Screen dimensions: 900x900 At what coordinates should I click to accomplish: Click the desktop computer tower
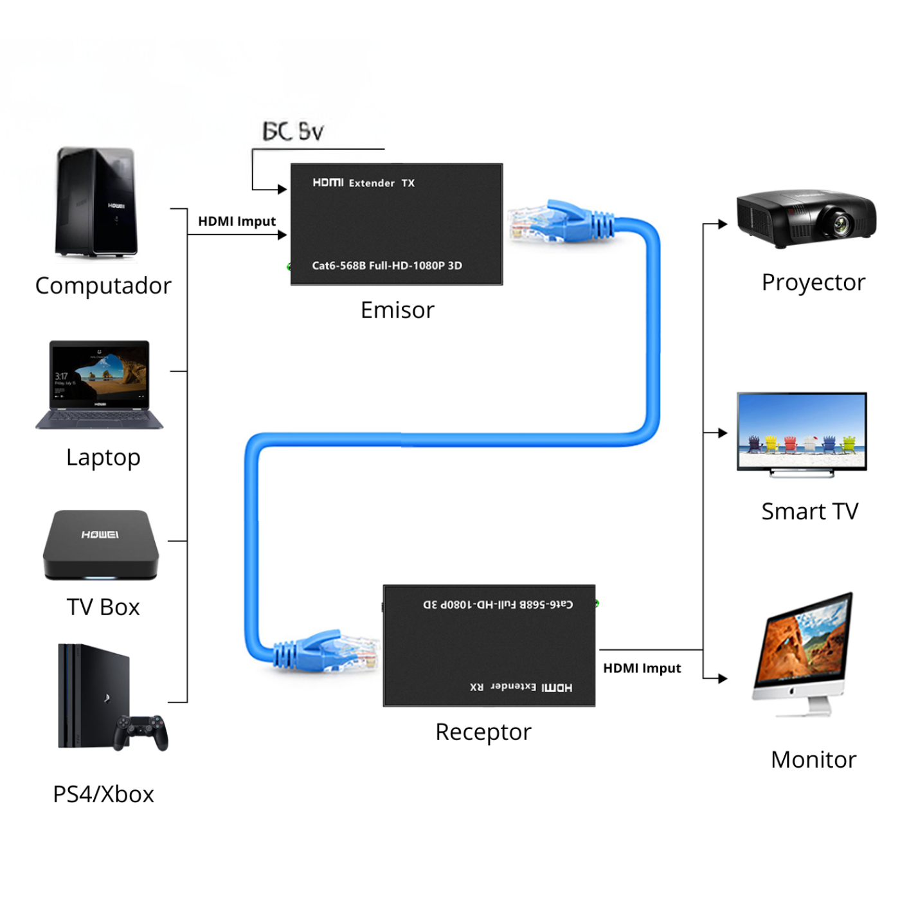click(96, 203)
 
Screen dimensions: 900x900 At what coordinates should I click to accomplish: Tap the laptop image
click(99, 384)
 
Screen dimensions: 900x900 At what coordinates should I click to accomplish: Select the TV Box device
click(101, 545)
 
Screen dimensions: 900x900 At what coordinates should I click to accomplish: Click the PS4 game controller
click(141, 732)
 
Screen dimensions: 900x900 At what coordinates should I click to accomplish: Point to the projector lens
click(840, 224)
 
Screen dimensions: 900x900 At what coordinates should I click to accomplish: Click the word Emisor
click(397, 310)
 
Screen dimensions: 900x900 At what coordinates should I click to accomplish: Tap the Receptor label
click(483, 732)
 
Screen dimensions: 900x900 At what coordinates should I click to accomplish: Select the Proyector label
click(813, 282)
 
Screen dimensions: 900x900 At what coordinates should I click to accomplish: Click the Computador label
click(103, 285)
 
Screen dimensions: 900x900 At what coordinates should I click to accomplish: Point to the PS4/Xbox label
click(104, 795)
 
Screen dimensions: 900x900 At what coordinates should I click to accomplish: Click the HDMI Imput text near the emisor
click(237, 222)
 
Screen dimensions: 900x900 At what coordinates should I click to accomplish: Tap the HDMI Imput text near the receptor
click(642, 669)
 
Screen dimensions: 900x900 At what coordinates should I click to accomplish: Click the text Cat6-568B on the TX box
click(339, 265)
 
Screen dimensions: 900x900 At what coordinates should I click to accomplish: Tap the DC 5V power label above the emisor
click(293, 132)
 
